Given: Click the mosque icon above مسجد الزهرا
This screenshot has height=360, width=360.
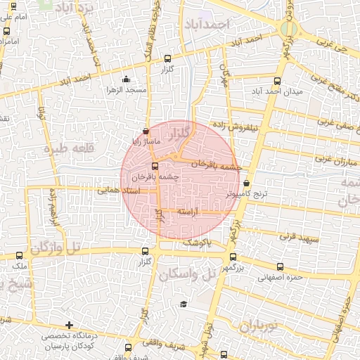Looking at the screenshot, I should pyautogui.click(x=125, y=79).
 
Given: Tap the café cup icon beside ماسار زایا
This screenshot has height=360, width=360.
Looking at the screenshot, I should pyautogui.click(x=146, y=131).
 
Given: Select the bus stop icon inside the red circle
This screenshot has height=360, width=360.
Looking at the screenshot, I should pyautogui.click(x=155, y=167).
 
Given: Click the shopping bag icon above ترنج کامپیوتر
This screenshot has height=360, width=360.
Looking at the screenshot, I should pyautogui.click(x=245, y=183).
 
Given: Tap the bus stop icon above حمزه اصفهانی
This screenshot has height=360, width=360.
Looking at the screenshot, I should pyautogui.click(x=281, y=266).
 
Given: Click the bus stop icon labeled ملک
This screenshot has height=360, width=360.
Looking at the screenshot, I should pyautogui.click(x=19, y=256).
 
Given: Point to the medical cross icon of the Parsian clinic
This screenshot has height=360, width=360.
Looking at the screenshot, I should pyautogui.click(x=68, y=325).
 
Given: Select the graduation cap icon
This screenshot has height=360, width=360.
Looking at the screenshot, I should pyautogui.click(x=184, y=304).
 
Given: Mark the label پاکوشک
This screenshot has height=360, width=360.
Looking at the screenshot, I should pyautogui.click(x=196, y=243).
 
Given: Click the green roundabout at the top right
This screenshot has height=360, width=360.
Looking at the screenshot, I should pyautogui.click(x=287, y=29).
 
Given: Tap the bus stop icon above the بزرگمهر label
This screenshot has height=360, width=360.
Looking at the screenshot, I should pyautogui.click(x=233, y=257).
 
